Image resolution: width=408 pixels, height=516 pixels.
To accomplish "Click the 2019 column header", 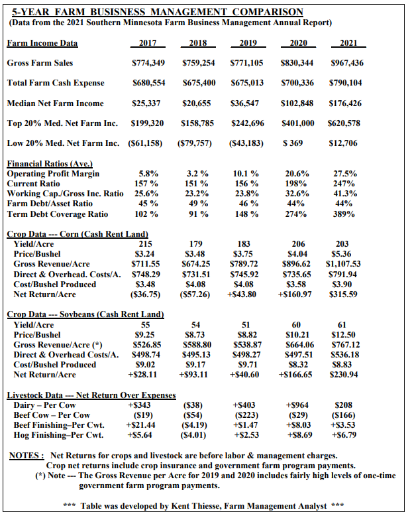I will tap(246, 43).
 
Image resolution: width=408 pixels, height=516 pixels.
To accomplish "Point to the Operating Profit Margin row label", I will tap(53, 174).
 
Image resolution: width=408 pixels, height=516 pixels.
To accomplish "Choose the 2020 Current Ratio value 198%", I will tap(297, 184).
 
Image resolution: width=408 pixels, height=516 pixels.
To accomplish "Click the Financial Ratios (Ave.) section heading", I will tap(50, 164).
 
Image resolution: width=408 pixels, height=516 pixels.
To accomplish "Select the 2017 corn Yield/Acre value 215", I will tap(148, 244).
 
